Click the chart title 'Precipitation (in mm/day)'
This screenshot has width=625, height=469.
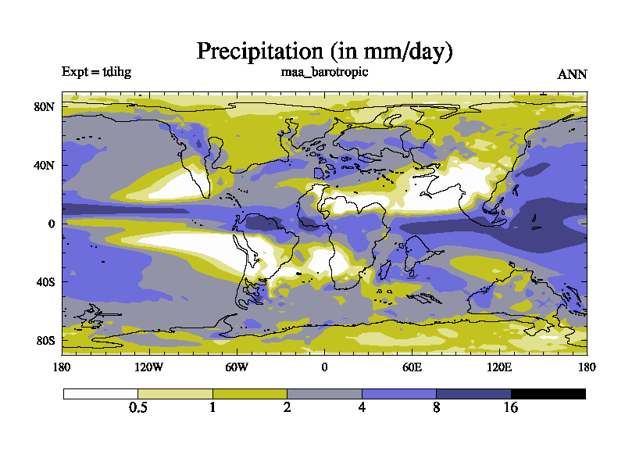(324, 52)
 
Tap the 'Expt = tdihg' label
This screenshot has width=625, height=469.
(97, 72)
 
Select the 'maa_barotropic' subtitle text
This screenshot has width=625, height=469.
(324, 72)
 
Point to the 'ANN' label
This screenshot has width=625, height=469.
(572, 75)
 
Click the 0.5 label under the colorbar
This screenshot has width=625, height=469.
(138, 408)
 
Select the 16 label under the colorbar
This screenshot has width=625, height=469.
(511, 408)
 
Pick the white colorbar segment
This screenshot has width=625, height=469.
(101, 394)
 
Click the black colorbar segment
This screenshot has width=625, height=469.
(548, 394)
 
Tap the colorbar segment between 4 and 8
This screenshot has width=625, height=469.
(398, 394)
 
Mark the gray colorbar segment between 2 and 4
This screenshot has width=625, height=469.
(324, 394)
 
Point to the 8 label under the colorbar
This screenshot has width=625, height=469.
(436, 408)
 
